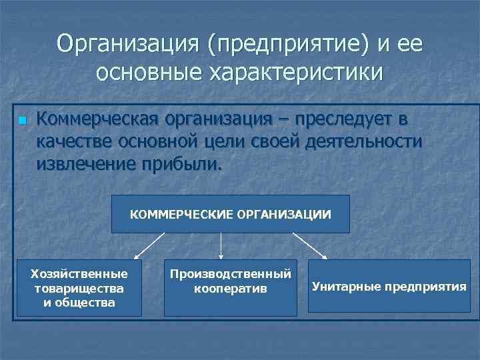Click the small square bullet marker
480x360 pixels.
[x=22, y=121]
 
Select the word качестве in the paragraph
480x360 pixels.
[x=75, y=142]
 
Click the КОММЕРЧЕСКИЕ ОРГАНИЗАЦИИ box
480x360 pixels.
[x=230, y=214]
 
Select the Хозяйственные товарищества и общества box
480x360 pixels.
[x=79, y=287]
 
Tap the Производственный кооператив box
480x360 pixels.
[x=230, y=287]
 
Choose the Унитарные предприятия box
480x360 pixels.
[x=389, y=287]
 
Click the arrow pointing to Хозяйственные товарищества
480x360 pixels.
[x=149, y=245]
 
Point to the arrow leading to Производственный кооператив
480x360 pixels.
[x=221, y=245]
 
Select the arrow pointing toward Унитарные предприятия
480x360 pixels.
[x=310, y=245]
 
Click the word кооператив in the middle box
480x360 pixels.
[x=230, y=289]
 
